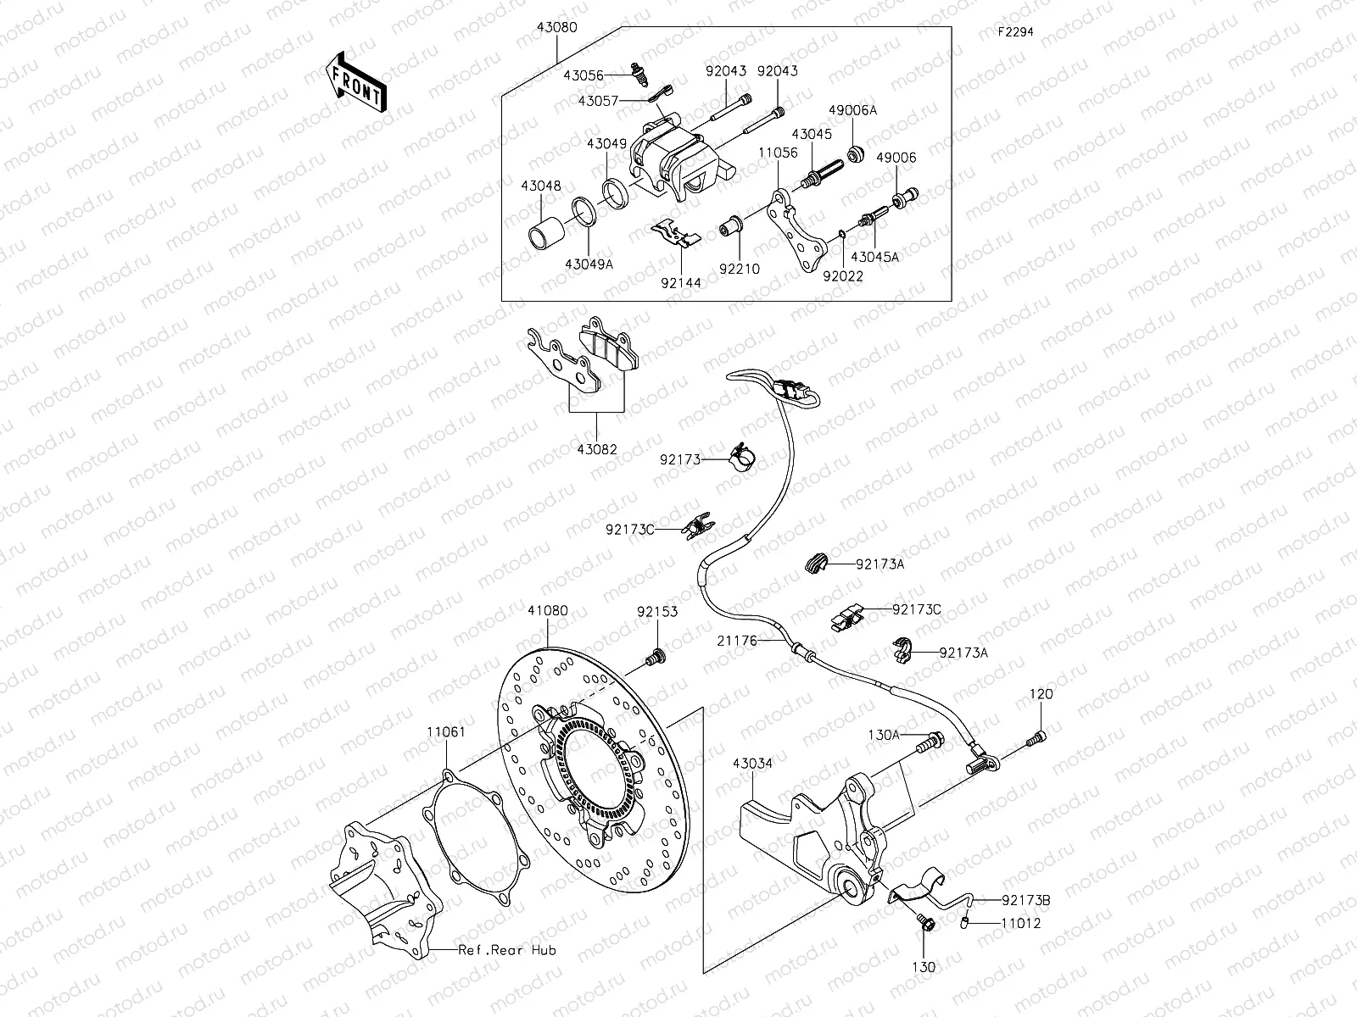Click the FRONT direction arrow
(x=355, y=83)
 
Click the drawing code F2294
(x=1015, y=33)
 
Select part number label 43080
(x=556, y=27)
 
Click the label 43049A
(x=589, y=264)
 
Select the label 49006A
(x=852, y=110)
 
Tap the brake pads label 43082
(x=596, y=450)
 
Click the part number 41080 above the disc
(x=548, y=610)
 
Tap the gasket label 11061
(x=445, y=731)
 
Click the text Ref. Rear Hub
(x=506, y=950)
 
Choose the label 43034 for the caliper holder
(x=752, y=764)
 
